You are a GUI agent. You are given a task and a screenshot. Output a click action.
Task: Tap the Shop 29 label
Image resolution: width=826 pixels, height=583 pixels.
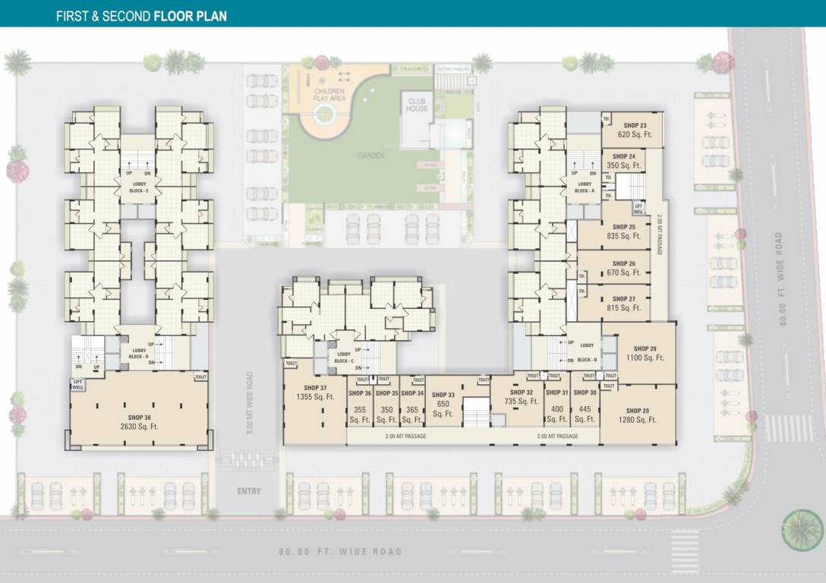click(637, 411)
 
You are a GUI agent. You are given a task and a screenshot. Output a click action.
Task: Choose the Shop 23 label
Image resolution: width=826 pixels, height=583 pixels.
click(635, 125)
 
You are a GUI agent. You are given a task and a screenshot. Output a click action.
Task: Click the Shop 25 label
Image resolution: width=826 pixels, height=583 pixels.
click(624, 227)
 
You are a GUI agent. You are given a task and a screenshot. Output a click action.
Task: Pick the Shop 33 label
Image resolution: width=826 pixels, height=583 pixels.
click(443, 395)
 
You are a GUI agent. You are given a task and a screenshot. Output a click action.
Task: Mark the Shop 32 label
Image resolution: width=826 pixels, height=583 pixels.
click(521, 392)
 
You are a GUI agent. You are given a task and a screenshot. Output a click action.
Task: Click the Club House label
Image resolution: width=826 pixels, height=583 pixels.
click(418, 105)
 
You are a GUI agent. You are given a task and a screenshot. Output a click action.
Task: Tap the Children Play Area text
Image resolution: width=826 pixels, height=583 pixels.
click(329, 95)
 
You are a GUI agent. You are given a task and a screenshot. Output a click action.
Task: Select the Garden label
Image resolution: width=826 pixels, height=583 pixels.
click(371, 156)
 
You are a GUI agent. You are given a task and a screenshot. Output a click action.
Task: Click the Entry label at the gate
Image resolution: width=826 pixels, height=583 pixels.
click(249, 491)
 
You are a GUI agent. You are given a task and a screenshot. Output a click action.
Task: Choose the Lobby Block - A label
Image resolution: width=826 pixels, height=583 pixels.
click(585, 188)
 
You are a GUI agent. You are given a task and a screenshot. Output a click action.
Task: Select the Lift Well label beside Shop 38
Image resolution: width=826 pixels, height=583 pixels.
click(78, 383)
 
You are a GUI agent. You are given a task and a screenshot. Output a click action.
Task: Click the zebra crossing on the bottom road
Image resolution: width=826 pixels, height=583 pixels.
click(685, 549)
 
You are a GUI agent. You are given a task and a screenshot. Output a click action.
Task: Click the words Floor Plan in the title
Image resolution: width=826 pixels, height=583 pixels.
click(190, 15)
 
